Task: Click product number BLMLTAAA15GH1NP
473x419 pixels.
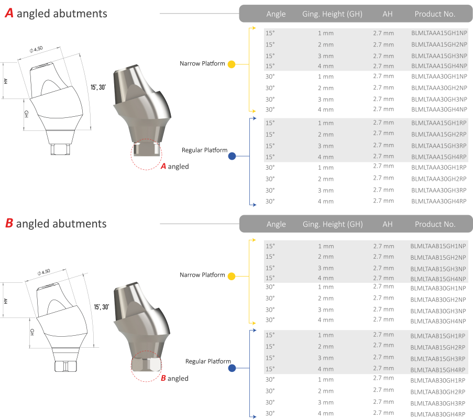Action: click(x=438, y=33)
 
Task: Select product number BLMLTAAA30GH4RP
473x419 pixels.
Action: click(x=438, y=201)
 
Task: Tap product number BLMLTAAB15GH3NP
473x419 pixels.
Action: click(x=438, y=268)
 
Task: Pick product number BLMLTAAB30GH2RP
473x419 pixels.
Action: click(x=438, y=391)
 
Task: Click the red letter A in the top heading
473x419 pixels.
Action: click(x=9, y=14)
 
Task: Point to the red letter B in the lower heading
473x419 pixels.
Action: click(x=9, y=224)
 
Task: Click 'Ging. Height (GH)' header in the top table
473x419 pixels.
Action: click(x=332, y=14)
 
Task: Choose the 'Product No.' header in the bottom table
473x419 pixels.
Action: click(x=435, y=224)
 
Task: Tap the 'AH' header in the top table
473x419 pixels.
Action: click(x=387, y=14)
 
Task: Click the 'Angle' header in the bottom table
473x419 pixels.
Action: click(x=276, y=224)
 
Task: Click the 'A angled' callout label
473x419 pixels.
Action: click(x=174, y=167)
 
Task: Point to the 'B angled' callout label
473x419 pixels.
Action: click(x=174, y=378)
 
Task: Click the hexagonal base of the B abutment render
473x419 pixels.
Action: click(x=146, y=365)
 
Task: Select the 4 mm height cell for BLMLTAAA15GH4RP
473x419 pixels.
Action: click(x=325, y=157)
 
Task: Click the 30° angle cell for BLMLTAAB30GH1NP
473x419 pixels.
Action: click(x=270, y=287)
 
